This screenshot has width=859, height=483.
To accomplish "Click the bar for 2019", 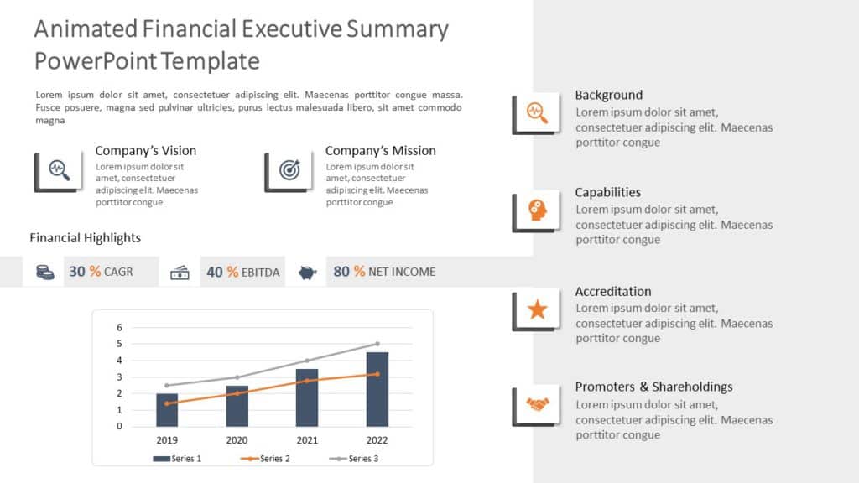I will (x=167, y=409).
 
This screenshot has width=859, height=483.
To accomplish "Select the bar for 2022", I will (x=377, y=389).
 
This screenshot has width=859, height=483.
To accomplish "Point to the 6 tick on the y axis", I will (x=119, y=327).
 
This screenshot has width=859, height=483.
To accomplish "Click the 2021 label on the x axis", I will (x=306, y=440).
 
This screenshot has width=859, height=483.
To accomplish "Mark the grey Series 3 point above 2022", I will (x=377, y=344).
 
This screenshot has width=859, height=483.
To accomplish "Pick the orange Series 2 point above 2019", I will (x=167, y=403).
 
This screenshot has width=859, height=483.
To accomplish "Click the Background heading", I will (x=608, y=95).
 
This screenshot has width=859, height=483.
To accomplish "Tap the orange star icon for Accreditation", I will (x=537, y=310).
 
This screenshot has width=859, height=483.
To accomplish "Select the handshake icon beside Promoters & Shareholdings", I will (x=537, y=405).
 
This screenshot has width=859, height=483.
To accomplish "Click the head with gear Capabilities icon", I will (x=537, y=210).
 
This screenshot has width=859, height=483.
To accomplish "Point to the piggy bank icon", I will (x=307, y=272).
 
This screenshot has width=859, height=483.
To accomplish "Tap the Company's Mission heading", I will (x=380, y=151).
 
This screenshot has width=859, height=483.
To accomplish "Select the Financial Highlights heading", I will (x=85, y=238).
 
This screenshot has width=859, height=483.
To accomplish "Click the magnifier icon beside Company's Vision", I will (x=59, y=169).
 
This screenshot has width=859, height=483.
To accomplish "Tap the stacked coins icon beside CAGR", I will (x=44, y=272).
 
